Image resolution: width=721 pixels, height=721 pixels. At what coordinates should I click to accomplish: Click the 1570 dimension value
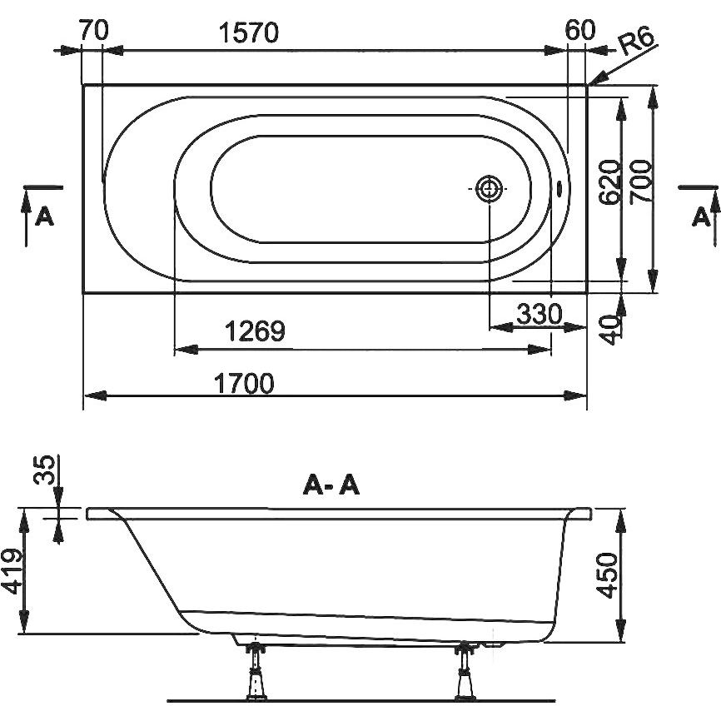pos(248,32)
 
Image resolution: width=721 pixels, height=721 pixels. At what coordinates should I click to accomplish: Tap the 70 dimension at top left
pos(94,30)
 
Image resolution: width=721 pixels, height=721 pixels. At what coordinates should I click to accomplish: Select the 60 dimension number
pos(579,30)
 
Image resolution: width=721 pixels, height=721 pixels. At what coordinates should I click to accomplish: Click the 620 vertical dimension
pos(609,182)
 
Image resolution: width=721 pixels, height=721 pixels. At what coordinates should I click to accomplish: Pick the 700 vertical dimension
pos(641,181)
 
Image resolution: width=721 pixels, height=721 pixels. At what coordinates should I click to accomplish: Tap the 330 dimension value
pos(540,314)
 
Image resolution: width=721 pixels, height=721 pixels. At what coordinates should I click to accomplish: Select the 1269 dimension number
pos(256,331)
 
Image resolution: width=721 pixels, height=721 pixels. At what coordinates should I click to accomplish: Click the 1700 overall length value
pos(244,383)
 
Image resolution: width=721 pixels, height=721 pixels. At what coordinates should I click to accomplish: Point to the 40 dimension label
pos(612,330)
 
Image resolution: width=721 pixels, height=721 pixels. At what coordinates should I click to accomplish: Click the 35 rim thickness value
pos(45,470)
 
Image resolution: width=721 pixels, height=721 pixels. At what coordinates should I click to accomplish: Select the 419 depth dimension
pos(12,571)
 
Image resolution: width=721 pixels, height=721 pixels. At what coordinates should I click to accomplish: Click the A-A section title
pos(331,485)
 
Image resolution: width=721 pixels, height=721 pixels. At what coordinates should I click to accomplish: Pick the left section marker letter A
pos(45,216)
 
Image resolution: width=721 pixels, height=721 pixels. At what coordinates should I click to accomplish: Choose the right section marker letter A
pos(701,216)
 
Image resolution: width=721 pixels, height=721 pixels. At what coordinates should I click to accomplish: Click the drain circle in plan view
pos(489,188)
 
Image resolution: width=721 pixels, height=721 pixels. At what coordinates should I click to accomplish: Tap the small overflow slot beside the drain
pos(559,188)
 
